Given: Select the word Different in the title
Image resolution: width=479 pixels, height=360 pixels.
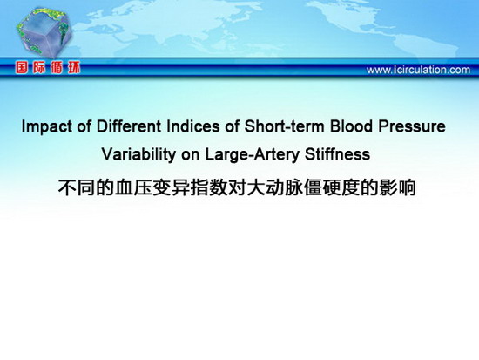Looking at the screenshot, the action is (129, 126).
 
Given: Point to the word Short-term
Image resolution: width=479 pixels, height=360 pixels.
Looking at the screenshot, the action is (284, 126).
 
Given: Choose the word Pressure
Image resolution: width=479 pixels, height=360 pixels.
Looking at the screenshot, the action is (412, 126).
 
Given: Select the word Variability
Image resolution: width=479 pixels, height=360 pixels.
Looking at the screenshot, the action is (138, 155).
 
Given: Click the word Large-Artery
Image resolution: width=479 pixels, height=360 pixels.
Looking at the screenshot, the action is (252, 155).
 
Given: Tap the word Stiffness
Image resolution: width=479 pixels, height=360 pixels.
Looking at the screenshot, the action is (337, 153).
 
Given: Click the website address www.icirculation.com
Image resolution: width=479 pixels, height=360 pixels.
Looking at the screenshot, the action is (418, 70).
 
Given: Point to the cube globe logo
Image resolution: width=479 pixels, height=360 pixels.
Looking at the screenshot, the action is (44, 33).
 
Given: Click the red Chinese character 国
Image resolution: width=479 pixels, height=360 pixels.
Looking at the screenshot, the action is (22, 67).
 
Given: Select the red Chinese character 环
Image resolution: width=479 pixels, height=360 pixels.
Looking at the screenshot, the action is (74, 67).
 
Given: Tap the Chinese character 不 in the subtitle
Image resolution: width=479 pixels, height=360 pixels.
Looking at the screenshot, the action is (67, 187).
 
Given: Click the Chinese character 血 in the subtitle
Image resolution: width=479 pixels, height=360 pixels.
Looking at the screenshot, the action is (124, 187).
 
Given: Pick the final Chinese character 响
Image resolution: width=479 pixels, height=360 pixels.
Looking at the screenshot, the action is (407, 187).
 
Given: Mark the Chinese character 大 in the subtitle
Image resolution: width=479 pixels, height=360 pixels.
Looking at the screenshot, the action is (256, 187).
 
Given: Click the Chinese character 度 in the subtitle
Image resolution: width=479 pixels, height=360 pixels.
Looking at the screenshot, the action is (350, 187).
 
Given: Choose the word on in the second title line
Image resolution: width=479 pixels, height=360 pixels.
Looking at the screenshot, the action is (191, 155).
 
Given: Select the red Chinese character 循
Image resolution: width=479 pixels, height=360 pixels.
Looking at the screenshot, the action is (57, 67).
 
